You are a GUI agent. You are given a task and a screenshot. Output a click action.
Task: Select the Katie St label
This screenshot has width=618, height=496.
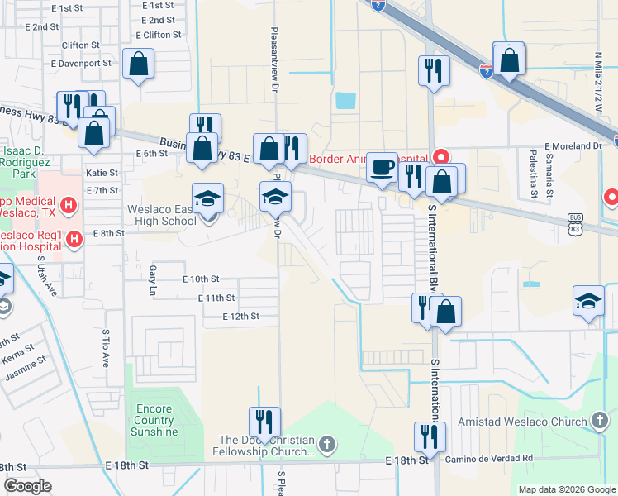point(102,174)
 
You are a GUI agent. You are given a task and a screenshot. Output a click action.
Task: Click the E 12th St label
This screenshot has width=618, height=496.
point(240,317)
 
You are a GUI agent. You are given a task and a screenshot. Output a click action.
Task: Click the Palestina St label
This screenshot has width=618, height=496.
point(534,174)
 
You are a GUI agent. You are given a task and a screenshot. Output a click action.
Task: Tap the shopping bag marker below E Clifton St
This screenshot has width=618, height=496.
point(138,64)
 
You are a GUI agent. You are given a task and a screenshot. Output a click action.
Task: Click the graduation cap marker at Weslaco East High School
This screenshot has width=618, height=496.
point(207,198)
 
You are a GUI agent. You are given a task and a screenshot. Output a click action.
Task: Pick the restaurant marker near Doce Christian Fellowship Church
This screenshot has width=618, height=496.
point(264,422)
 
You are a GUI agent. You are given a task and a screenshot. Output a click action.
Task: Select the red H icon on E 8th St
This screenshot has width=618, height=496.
point(74,240)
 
